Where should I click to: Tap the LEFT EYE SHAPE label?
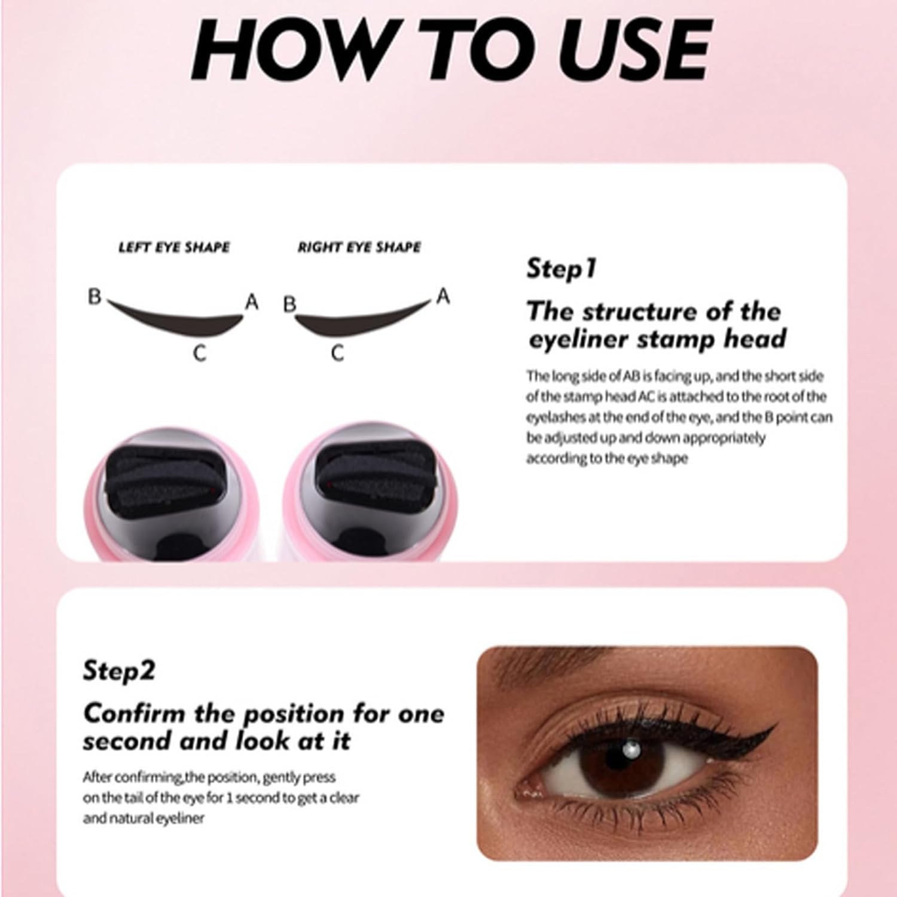coord(174,247)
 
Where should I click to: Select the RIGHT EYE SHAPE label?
coord(359,247)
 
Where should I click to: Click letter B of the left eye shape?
coord(94,297)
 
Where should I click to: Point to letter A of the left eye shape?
coord(252,303)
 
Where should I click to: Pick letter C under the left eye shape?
coord(200,353)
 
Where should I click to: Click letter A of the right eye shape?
coord(443,296)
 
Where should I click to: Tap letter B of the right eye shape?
coord(289,304)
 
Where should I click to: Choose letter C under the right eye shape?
coord(337,353)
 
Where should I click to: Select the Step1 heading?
coord(561,269)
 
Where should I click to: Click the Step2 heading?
coord(118,670)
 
